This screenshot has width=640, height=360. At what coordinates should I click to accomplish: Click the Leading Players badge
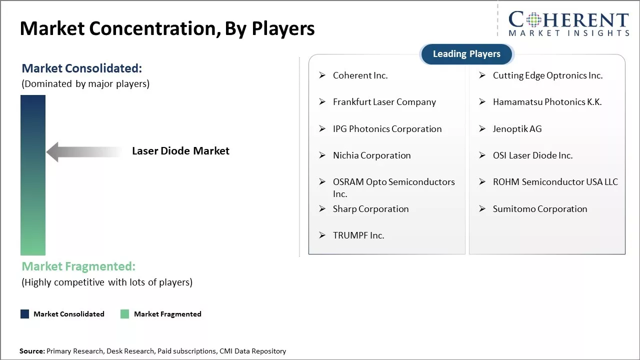tap(466, 54)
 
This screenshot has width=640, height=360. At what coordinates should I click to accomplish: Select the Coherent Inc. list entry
tap(360, 75)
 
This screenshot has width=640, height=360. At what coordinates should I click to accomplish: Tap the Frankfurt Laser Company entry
tap(384, 102)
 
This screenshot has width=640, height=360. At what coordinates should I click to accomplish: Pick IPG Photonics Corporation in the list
tap(387, 129)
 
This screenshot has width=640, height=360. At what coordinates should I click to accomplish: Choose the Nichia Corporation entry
tap(371, 155)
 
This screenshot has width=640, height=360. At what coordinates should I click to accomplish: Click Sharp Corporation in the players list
tap(370, 209)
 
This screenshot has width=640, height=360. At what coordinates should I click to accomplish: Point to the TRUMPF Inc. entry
tap(358, 235)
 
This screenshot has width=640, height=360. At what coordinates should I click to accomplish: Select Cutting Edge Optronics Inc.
tap(547, 75)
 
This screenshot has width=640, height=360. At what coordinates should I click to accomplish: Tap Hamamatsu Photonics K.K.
tap(547, 102)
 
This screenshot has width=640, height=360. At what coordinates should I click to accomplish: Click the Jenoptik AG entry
tap(517, 129)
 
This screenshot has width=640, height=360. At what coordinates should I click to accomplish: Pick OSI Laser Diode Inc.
tap(532, 155)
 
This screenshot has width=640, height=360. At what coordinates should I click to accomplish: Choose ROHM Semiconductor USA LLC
tap(555, 182)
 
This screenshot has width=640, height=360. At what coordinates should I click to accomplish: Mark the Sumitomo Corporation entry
tap(539, 209)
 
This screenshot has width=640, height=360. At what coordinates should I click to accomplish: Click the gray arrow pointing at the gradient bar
tap(84, 152)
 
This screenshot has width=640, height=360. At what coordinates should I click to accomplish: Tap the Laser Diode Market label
tap(180, 151)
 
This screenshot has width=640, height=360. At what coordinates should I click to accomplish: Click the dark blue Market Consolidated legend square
tap(25, 314)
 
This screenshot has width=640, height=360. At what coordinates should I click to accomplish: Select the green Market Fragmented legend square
tap(125, 314)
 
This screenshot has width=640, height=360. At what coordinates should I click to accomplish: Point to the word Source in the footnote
tap(31, 351)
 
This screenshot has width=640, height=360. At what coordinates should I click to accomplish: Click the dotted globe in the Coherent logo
tap(533, 19)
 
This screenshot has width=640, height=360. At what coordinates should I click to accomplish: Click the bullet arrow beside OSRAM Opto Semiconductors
tap(322, 181)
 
